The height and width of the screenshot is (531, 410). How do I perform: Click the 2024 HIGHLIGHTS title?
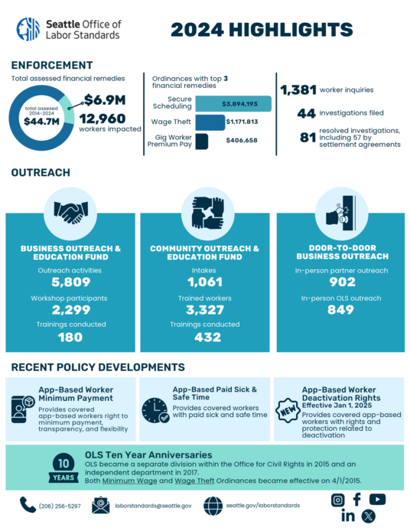261,30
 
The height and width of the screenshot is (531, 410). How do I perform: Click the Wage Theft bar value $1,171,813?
241,122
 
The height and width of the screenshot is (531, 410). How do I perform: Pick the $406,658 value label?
241,141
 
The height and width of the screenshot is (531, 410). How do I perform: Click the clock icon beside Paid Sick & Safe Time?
155,410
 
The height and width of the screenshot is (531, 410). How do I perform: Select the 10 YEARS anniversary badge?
63,467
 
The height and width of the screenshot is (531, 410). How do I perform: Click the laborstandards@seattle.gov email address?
153,506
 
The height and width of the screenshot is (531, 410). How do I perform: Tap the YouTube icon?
377,499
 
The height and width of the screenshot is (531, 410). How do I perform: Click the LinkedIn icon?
348,516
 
